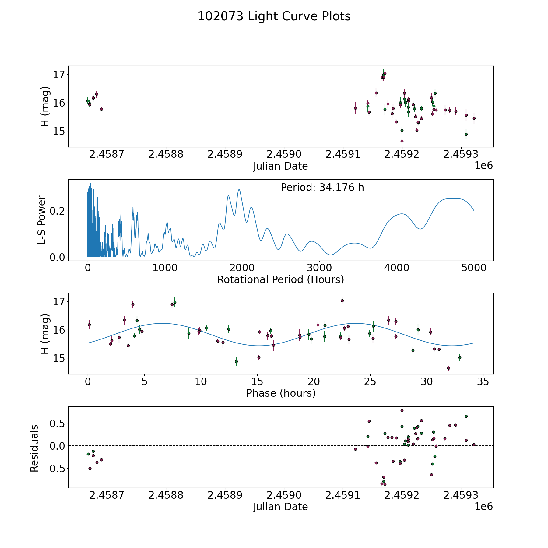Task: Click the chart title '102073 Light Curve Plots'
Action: point(274,16)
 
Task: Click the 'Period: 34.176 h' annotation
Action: point(322,188)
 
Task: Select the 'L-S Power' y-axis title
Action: point(42,220)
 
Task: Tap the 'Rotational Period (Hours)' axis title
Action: point(280,279)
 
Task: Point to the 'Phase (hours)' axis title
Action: point(280,393)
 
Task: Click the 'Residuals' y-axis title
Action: point(34,448)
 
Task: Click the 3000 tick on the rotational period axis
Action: point(319,268)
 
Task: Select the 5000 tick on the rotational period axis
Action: point(474,268)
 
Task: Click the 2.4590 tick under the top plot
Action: point(284,154)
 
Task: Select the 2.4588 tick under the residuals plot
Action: point(166,495)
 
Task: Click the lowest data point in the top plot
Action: point(402,141)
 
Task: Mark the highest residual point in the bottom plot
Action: point(402,410)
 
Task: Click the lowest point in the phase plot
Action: point(448,368)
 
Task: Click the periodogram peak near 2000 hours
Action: point(239,189)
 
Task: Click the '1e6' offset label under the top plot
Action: point(483,166)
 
